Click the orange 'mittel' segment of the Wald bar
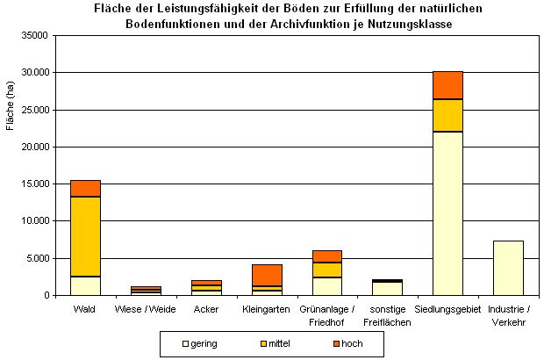pos(85,236)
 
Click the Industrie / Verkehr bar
pos(508,268)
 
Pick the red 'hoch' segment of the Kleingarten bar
pos(267,275)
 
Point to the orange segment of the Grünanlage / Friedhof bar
pos(327,270)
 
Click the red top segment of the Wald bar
pos(85,188)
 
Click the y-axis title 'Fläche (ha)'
pos(11,104)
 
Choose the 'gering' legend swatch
pos(184,343)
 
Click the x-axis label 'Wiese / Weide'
pos(146,310)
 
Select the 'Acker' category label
pos(206,310)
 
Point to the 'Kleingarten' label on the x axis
pos(266,310)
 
